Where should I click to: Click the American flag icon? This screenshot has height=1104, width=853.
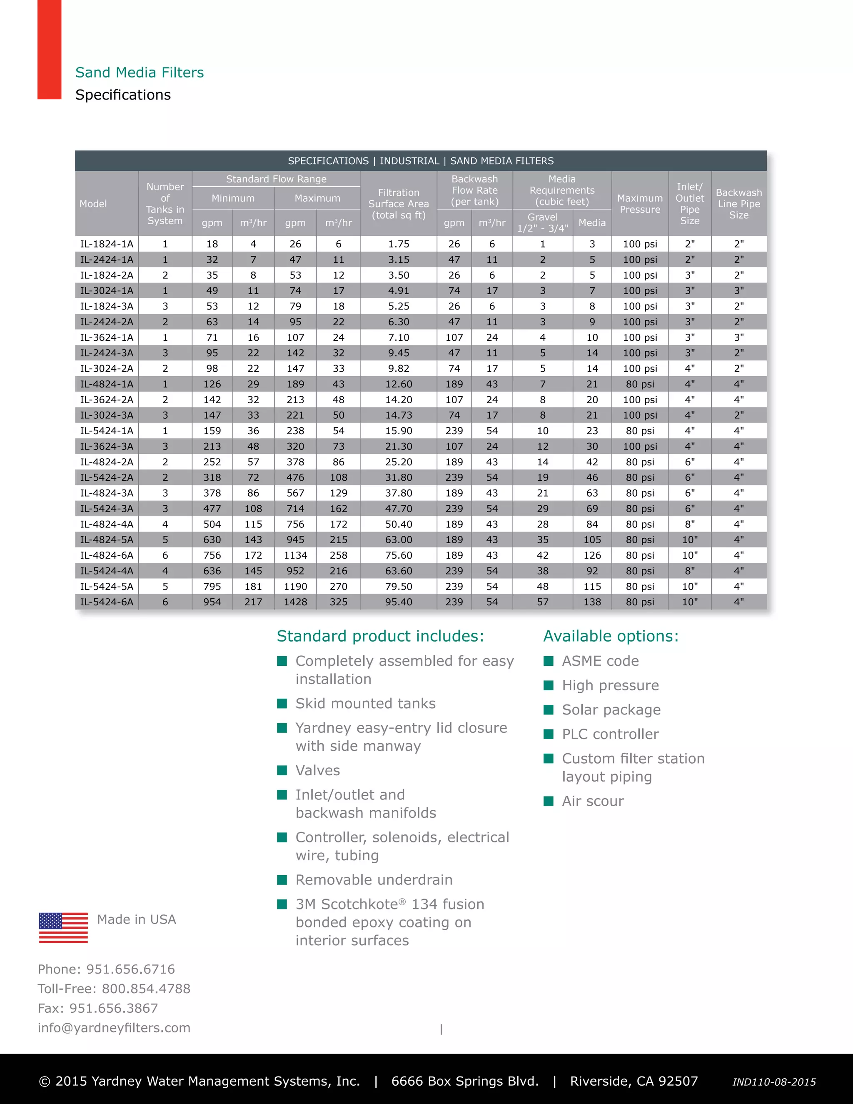point(63,928)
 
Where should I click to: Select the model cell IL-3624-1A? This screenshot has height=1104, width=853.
point(107,337)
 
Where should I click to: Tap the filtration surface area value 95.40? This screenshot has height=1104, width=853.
point(398,602)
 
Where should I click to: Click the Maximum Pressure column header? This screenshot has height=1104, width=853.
point(640,204)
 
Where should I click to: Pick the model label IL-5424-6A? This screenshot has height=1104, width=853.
point(107,602)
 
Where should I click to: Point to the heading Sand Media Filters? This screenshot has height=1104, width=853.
point(140,72)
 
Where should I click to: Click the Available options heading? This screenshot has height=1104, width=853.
point(611,636)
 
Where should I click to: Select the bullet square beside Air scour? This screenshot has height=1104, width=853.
point(548,801)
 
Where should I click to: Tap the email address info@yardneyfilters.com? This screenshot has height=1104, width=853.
point(114,1028)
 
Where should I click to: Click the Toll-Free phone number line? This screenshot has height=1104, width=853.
point(114,988)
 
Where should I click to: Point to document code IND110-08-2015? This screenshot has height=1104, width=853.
point(774,1082)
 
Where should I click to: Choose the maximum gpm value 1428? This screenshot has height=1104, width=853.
point(295,602)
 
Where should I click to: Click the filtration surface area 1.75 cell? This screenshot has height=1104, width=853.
point(398,244)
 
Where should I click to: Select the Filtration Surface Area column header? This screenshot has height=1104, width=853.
point(398,204)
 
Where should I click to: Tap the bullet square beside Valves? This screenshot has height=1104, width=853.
point(282,770)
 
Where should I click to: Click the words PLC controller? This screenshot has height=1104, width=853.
point(611,734)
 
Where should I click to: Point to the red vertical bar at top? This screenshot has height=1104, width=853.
point(50,50)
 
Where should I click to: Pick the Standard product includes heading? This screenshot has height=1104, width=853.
point(380,636)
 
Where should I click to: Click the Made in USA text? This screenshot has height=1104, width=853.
point(137,919)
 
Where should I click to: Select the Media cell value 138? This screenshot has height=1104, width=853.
point(592,602)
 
